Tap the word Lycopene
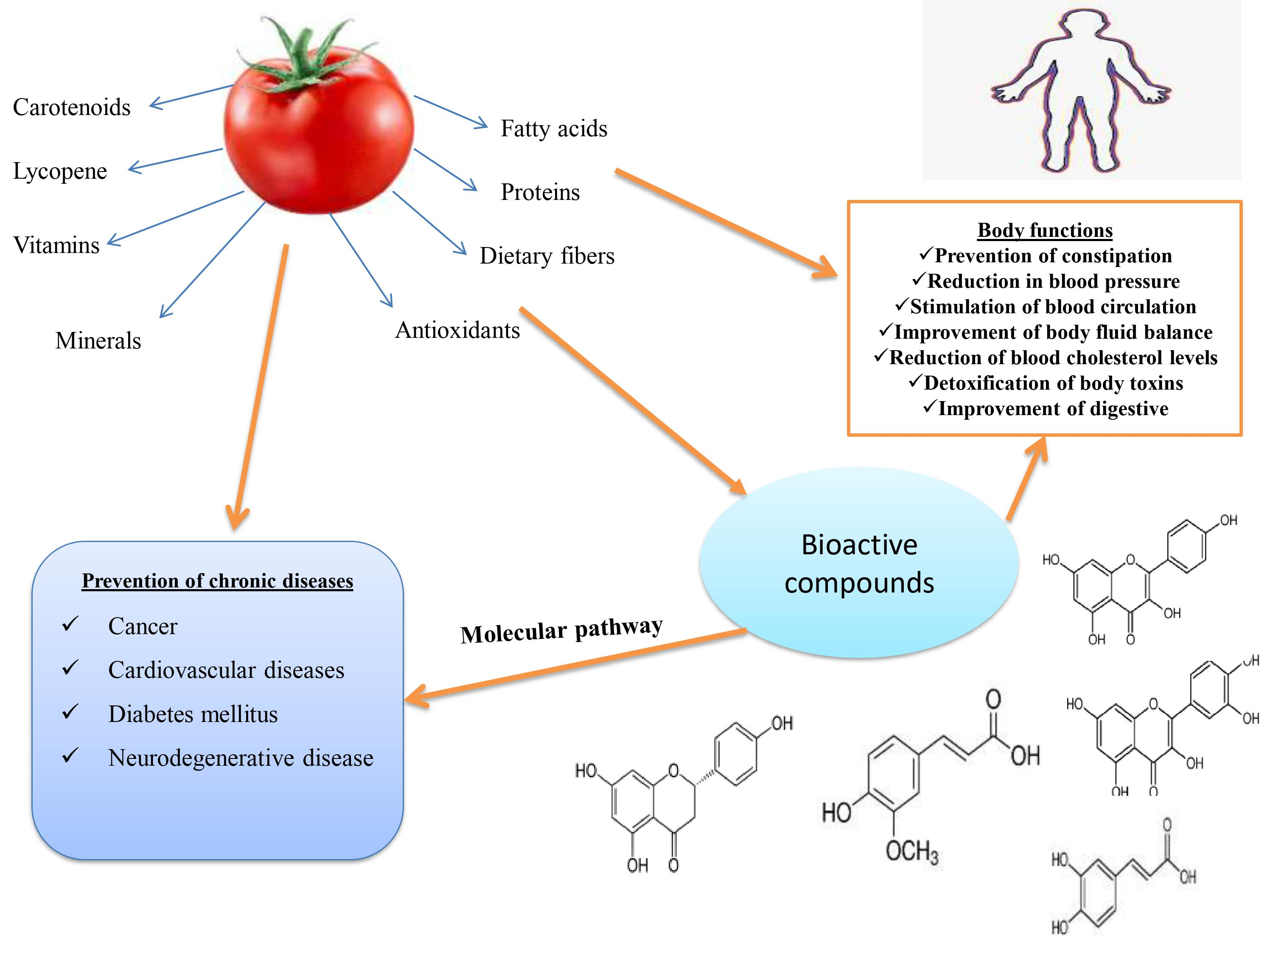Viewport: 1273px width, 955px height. tap(60, 171)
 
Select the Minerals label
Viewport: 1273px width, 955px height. tap(98, 341)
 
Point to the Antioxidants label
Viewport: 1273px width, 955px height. tap(457, 330)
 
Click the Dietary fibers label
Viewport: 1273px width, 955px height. tap(547, 256)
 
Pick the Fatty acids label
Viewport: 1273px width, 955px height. tap(554, 128)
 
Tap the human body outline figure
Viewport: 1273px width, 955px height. tap(1080, 92)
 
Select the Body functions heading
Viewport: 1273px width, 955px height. tap(1045, 230)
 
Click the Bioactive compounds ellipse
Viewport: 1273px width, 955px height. tap(859, 563)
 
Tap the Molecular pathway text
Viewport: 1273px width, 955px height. tap(561, 630)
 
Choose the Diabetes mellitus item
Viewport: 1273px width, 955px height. tap(193, 714)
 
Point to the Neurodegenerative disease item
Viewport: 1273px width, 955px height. tap(241, 758)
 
